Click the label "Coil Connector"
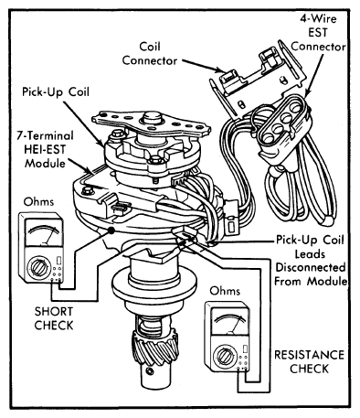[149, 54]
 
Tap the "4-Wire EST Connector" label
[319, 33]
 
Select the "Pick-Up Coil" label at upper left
[56, 91]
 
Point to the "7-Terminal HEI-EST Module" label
[45, 149]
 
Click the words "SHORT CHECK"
[54, 318]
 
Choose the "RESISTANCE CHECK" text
[309, 361]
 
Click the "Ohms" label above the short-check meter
[38, 202]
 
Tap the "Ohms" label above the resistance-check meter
[225, 291]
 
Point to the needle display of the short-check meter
[44, 233]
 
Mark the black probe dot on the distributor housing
[111, 230]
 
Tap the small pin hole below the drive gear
[149, 371]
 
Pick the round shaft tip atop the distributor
[153, 117]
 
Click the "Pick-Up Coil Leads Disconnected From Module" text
[311, 261]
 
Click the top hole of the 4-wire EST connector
[295, 107]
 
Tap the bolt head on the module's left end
[88, 191]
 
